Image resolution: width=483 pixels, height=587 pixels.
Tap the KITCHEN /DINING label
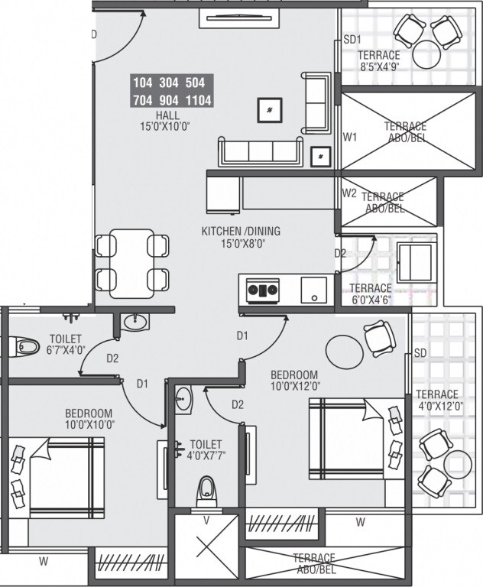pos(241,231)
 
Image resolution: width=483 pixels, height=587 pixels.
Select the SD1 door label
pos(351,39)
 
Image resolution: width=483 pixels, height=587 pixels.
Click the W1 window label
pos(350,138)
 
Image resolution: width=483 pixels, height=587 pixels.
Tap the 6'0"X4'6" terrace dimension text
pos(370,300)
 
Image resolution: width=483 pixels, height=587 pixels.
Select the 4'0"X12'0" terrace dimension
pos(439,407)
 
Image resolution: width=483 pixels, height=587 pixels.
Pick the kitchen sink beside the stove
pos(313,290)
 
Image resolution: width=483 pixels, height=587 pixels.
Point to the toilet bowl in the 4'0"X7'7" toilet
pos(206,488)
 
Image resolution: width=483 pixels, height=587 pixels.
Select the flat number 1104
pos(199,100)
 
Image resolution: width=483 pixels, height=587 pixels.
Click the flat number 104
pos(143,83)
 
